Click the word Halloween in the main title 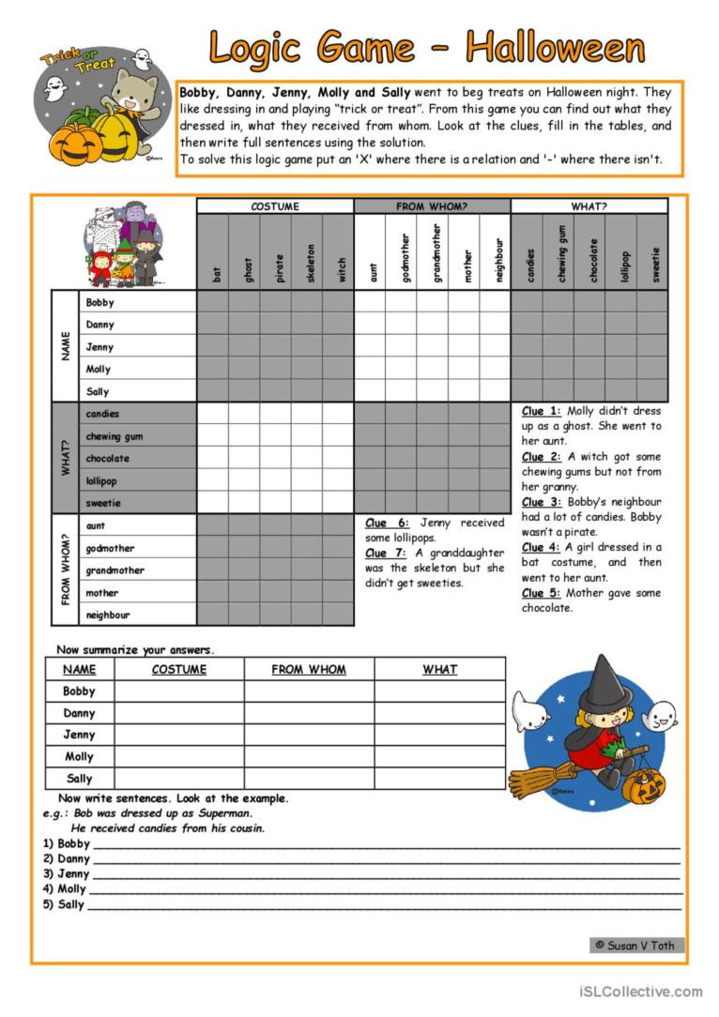(x=556, y=47)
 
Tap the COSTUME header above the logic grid (x=275, y=206)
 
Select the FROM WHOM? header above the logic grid (x=432, y=206)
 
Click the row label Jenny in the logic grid (x=99, y=347)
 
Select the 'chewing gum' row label (x=115, y=436)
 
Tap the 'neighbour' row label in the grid (x=109, y=615)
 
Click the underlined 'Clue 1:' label (x=541, y=411)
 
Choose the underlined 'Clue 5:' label (x=541, y=593)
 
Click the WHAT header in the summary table (x=439, y=670)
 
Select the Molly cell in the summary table (x=80, y=757)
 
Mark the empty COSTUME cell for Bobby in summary (x=178, y=691)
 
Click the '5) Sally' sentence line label (x=63, y=905)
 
